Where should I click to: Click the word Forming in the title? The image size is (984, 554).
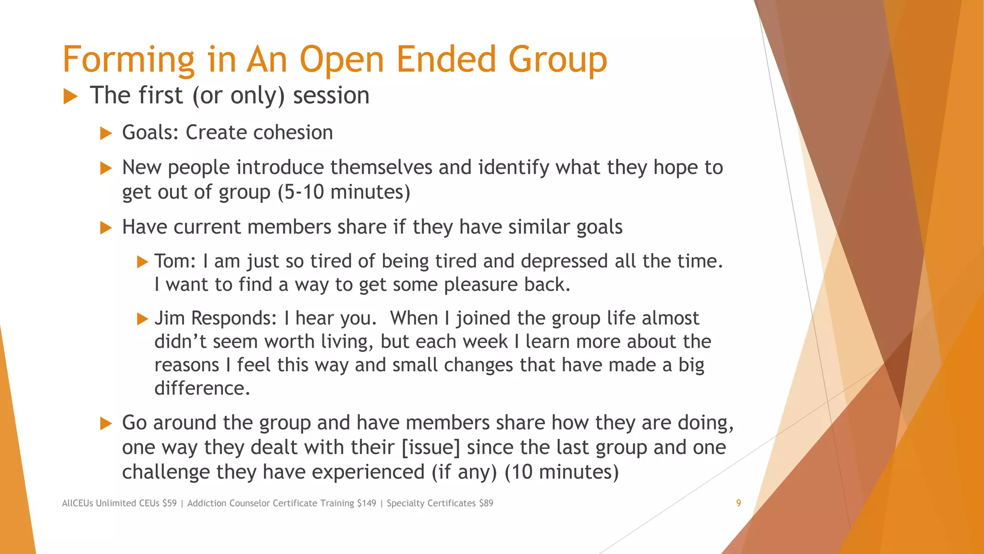128,60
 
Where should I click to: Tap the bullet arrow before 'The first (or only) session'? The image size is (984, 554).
70,96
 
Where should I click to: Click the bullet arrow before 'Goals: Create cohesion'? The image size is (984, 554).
106,133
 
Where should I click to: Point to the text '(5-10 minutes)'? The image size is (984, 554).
344,192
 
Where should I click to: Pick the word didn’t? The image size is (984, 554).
180,341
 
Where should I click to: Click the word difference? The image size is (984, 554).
202,388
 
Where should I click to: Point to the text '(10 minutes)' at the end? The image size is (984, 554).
562,472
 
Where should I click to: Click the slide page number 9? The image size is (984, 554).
738,503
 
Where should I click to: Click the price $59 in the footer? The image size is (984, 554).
170,503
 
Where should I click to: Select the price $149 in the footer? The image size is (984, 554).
367,503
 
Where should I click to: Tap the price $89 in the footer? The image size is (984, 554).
486,503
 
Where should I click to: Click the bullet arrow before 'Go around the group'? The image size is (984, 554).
106,424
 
